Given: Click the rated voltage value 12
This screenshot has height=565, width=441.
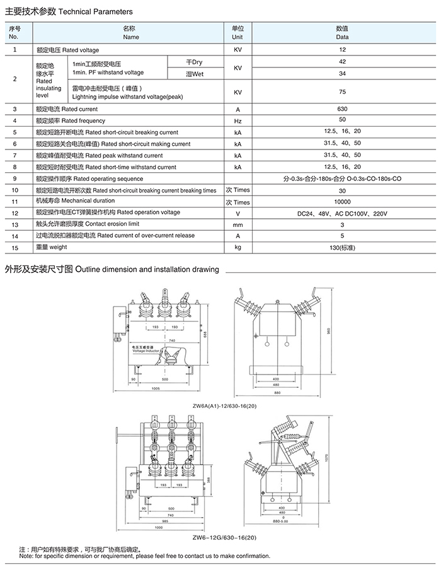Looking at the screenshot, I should [342, 50].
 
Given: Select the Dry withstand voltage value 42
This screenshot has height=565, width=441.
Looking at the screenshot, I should [342, 62].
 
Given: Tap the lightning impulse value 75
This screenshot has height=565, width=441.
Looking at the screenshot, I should [342, 92].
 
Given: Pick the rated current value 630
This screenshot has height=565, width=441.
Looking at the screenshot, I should [342, 109].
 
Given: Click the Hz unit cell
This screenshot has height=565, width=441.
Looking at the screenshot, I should [238, 120].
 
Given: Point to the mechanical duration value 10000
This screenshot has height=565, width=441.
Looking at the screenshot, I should [342, 202].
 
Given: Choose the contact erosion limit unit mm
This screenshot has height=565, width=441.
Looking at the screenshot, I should [238, 224].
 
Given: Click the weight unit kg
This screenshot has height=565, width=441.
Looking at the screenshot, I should [238, 247].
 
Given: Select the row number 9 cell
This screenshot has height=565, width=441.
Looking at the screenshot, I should [14, 178].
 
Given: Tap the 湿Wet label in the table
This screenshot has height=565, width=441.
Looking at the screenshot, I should [195, 74].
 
